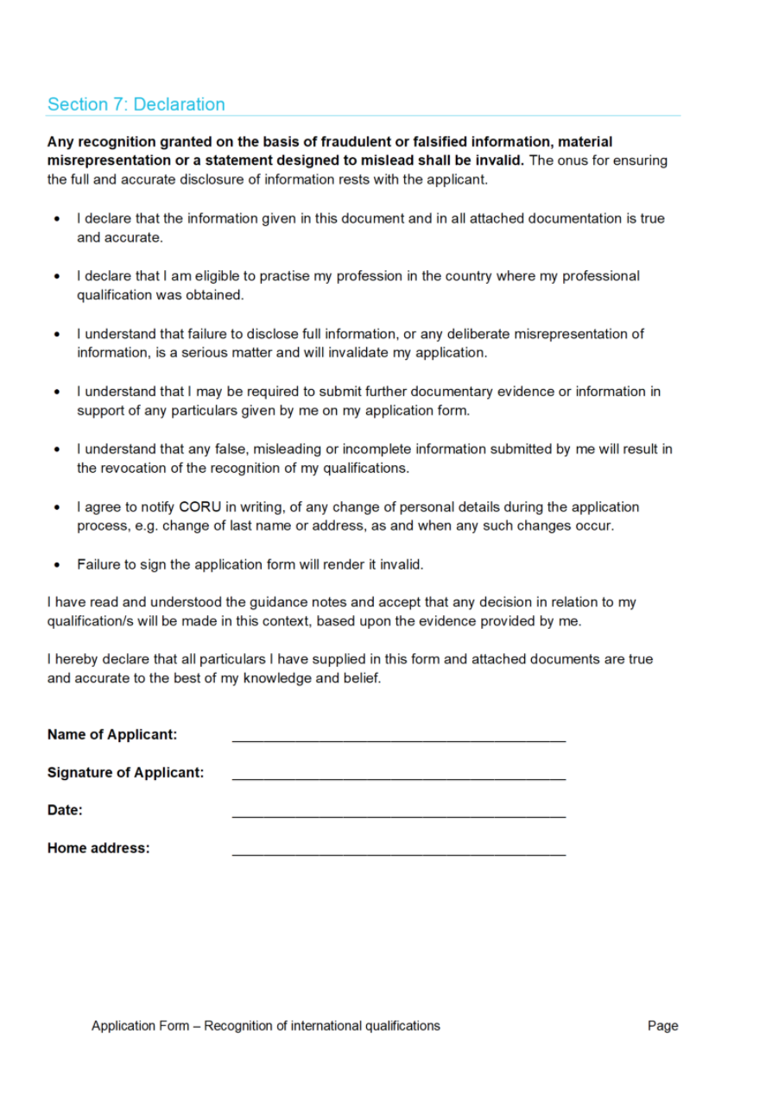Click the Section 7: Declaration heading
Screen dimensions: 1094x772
[x=136, y=104]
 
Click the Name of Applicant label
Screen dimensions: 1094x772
[x=112, y=735]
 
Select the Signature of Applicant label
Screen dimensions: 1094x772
[x=125, y=773]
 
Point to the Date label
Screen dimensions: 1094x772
[x=65, y=811]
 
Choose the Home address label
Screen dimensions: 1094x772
[x=98, y=849]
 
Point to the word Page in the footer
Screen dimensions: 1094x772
[x=662, y=1026]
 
